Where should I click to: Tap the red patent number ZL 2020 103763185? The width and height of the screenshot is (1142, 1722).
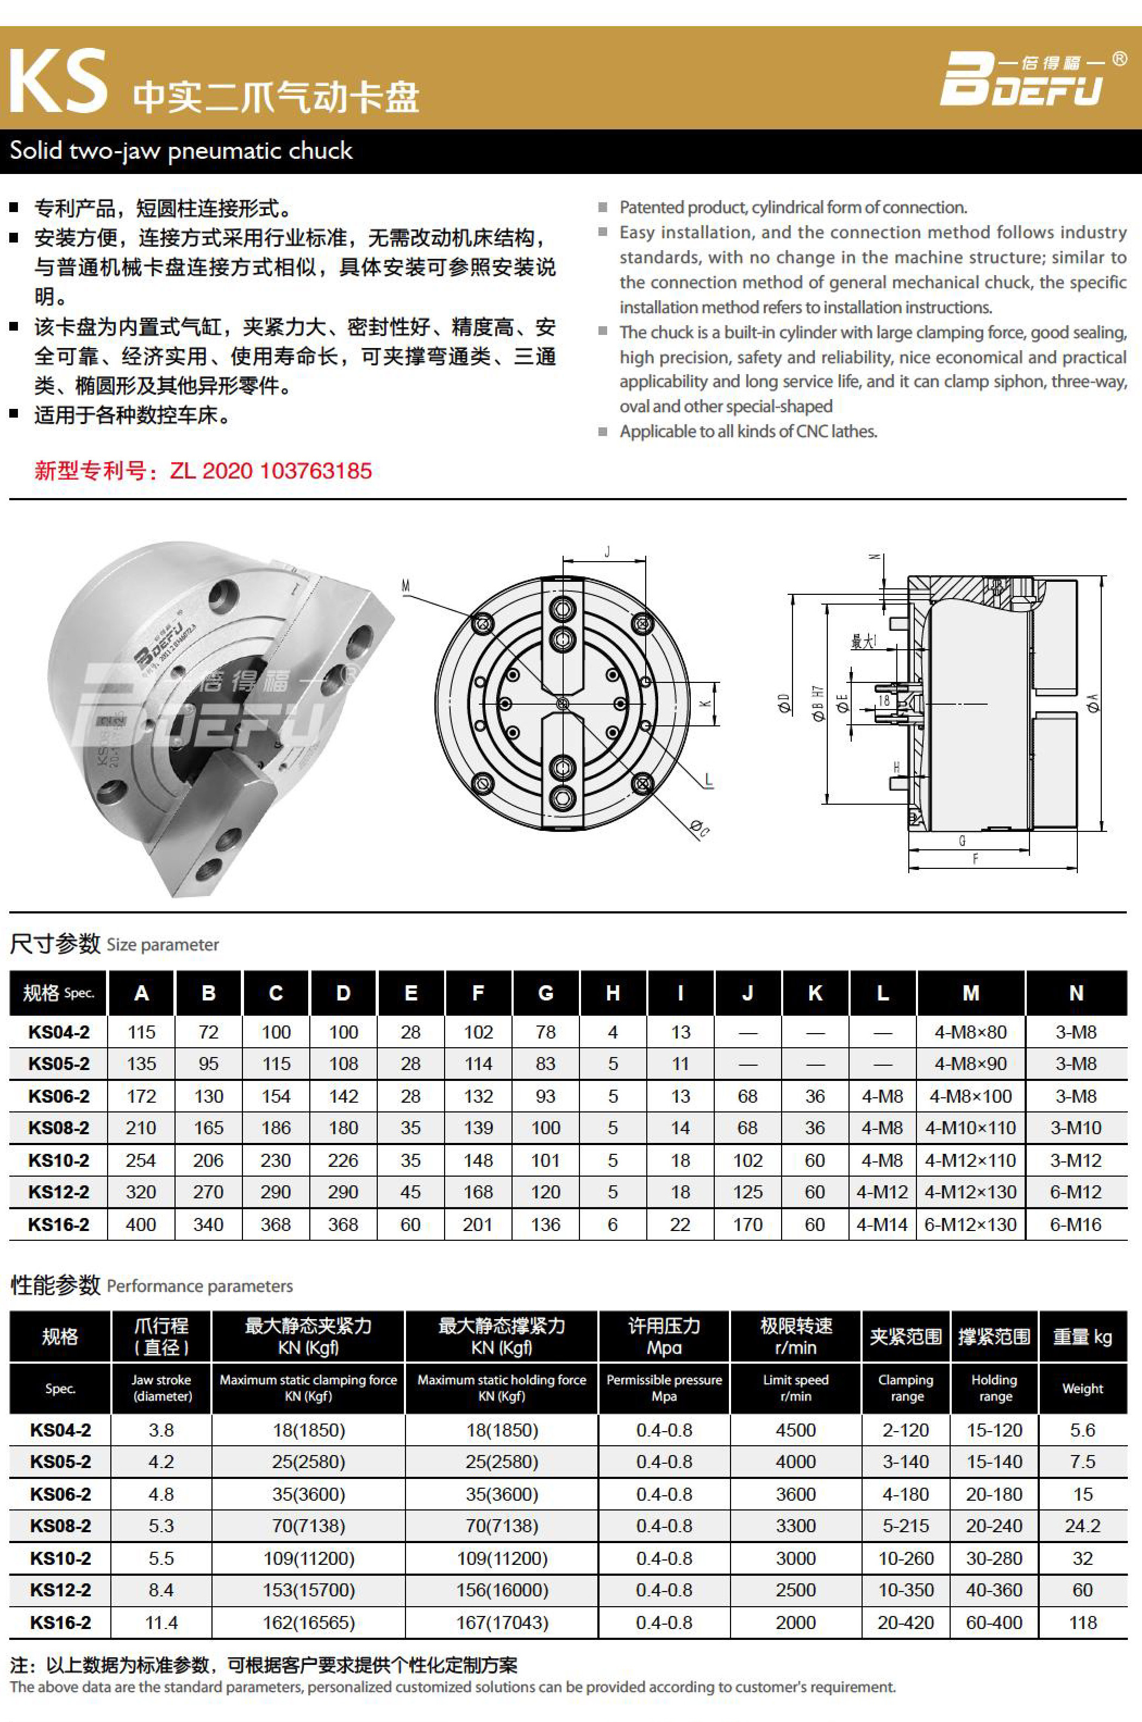point(270,470)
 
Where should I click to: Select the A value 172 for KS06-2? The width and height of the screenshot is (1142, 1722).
point(141,1096)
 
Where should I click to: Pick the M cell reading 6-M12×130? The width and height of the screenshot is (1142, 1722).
point(970,1224)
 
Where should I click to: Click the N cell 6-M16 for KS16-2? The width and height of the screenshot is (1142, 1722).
point(1076,1224)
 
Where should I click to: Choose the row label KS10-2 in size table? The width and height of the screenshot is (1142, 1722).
point(58,1160)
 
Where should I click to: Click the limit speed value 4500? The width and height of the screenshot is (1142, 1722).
point(795,1430)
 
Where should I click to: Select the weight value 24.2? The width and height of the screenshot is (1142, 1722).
point(1082,1525)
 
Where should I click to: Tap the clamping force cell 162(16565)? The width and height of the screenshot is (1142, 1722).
point(309,1622)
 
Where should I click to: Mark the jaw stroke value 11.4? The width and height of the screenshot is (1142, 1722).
point(161,1622)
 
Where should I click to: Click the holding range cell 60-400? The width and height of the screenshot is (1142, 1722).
point(994,1622)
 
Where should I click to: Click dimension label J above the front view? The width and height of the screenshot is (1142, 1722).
point(607,552)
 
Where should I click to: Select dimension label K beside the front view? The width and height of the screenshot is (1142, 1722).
point(705,704)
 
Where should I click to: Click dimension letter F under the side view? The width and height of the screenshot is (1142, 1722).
point(976,860)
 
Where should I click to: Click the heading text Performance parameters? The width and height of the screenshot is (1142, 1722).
point(199,1286)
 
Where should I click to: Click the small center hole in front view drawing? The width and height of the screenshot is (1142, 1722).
point(562,704)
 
